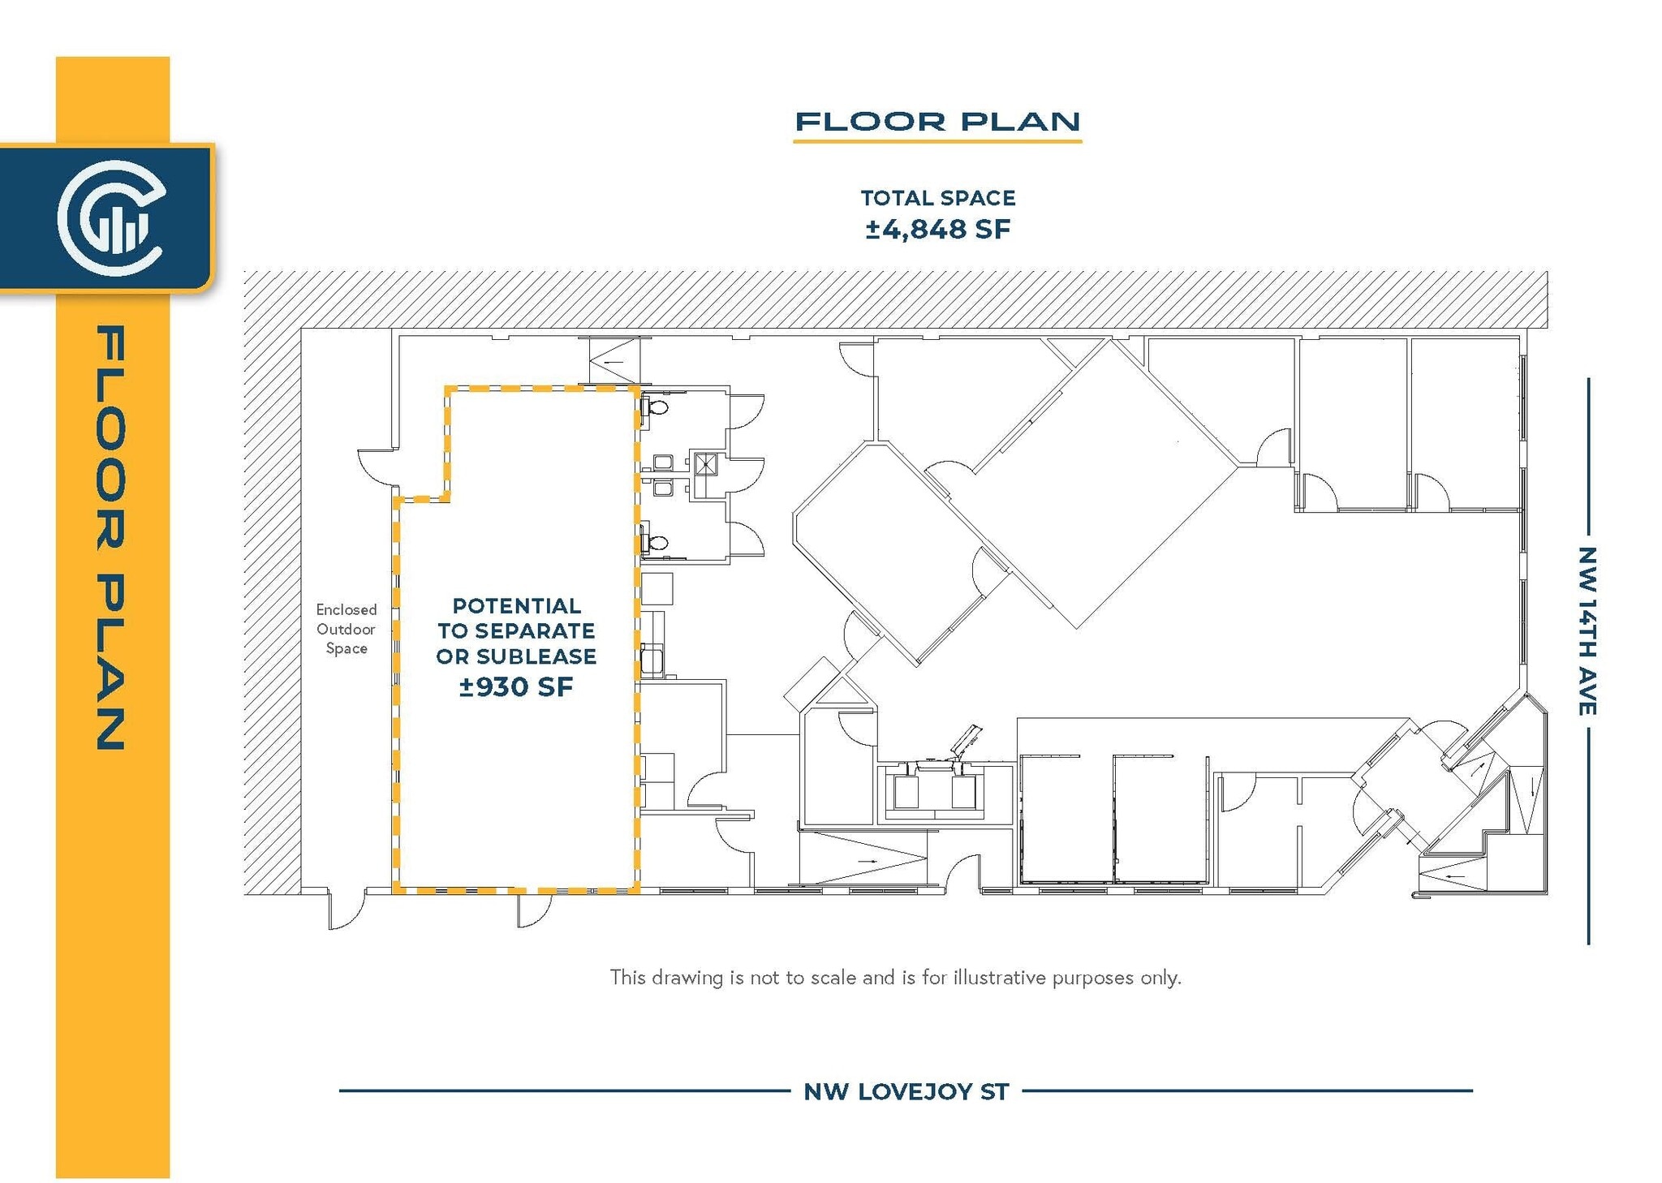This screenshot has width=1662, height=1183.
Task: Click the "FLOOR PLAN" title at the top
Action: click(x=937, y=123)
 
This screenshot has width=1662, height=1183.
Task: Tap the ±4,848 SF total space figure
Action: click(x=937, y=230)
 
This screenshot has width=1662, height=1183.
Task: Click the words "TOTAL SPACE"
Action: click(x=937, y=198)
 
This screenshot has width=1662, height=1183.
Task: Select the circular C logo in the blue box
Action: click(x=110, y=217)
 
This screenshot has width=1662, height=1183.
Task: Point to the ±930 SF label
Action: click(x=516, y=687)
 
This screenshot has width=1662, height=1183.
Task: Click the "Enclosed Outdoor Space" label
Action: click(x=347, y=629)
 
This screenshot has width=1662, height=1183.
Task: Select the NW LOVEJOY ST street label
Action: click(x=906, y=1092)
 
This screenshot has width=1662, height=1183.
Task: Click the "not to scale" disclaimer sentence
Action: click(x=895, y=978)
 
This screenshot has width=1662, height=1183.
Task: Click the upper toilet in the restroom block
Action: click(x=656, y=407)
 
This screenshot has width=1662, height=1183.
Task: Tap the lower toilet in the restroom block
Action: click(x=656, y=542)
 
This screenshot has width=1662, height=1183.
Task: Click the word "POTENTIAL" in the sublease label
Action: click(x=516, y=606)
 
